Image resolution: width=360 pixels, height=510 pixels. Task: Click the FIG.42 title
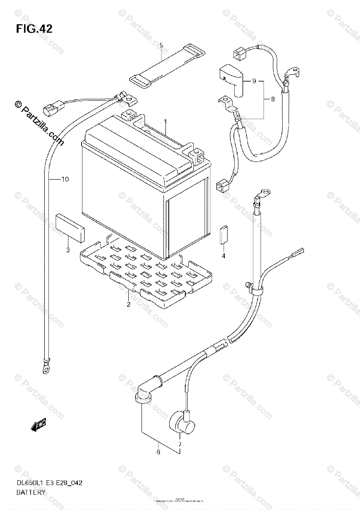coord(34,29)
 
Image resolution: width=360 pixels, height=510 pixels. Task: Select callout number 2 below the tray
coord(128,304)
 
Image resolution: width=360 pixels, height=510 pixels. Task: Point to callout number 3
coord(68,250)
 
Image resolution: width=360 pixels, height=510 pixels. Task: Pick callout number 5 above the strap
coord(161,45)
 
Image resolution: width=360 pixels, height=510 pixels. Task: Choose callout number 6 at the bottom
coord(159,452)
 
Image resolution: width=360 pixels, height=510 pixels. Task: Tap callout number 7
coord(179,444)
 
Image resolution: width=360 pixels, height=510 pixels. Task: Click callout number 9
coord(254,81)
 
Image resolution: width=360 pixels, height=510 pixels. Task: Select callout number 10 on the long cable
coord(64,179)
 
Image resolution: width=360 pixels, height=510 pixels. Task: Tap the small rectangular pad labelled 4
coord(224,235)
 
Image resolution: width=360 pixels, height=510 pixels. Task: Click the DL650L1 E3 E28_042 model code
coord(49,483)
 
